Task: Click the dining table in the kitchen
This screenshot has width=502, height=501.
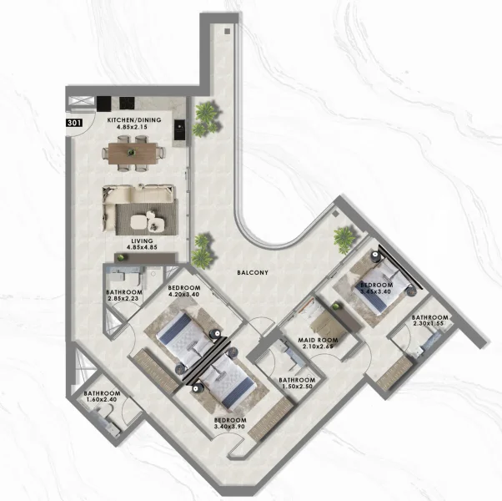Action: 133,154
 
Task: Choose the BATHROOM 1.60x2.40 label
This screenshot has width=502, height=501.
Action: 102,397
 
